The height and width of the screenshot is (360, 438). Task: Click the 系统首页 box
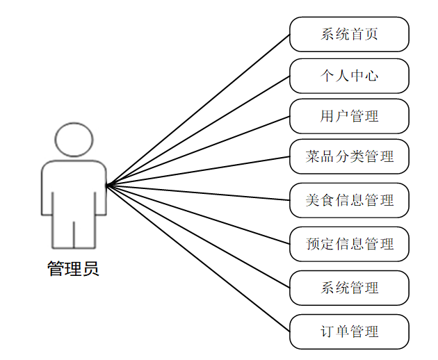point(349,34)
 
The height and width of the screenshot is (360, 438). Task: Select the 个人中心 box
point(349,76)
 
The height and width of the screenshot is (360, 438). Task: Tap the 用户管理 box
point(349,116)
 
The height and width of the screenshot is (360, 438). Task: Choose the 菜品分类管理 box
point(349,156)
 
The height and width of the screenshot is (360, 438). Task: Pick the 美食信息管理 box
point(349,200)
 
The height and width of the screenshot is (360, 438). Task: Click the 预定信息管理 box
point(349,244)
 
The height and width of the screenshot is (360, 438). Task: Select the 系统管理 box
point(349,287)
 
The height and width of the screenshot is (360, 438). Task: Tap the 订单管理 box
point(349,332)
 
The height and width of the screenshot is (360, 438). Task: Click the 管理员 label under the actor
point(73,268)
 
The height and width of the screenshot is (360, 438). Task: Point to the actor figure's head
point(74,139)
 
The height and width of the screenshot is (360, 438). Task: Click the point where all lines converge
point(106,185)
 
